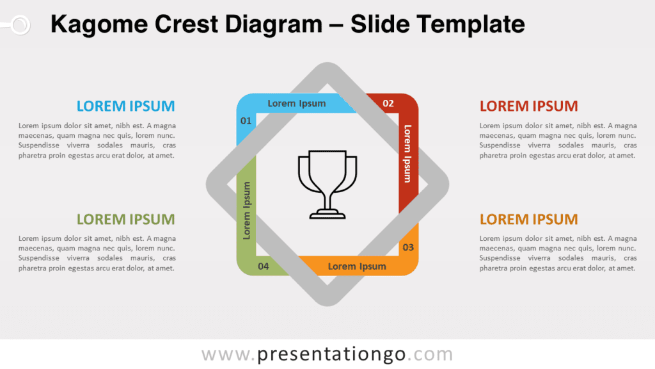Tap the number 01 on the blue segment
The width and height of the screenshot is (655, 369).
tap(246, 120)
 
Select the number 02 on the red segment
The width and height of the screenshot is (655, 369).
tap(388, 103)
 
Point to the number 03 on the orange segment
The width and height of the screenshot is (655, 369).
tap(408, 247)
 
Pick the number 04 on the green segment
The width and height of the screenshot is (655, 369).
tap(263, 266)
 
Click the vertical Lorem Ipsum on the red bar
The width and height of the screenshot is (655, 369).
tap(407, 153)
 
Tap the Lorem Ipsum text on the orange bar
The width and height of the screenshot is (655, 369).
tap(357, 266)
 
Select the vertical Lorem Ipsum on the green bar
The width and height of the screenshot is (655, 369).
tap(247, 211)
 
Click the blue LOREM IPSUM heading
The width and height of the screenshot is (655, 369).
tap(125, 106)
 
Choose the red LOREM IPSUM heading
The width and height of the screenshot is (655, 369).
tap(528, 106)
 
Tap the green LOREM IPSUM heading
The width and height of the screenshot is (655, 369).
tap(125, 219)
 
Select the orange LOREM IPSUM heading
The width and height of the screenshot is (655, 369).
tap(528, 219)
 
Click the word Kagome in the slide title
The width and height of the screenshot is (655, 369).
tap(95, 24)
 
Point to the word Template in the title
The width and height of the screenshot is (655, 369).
tap(471, 24)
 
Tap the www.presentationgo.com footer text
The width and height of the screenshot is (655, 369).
tap(327, 354)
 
